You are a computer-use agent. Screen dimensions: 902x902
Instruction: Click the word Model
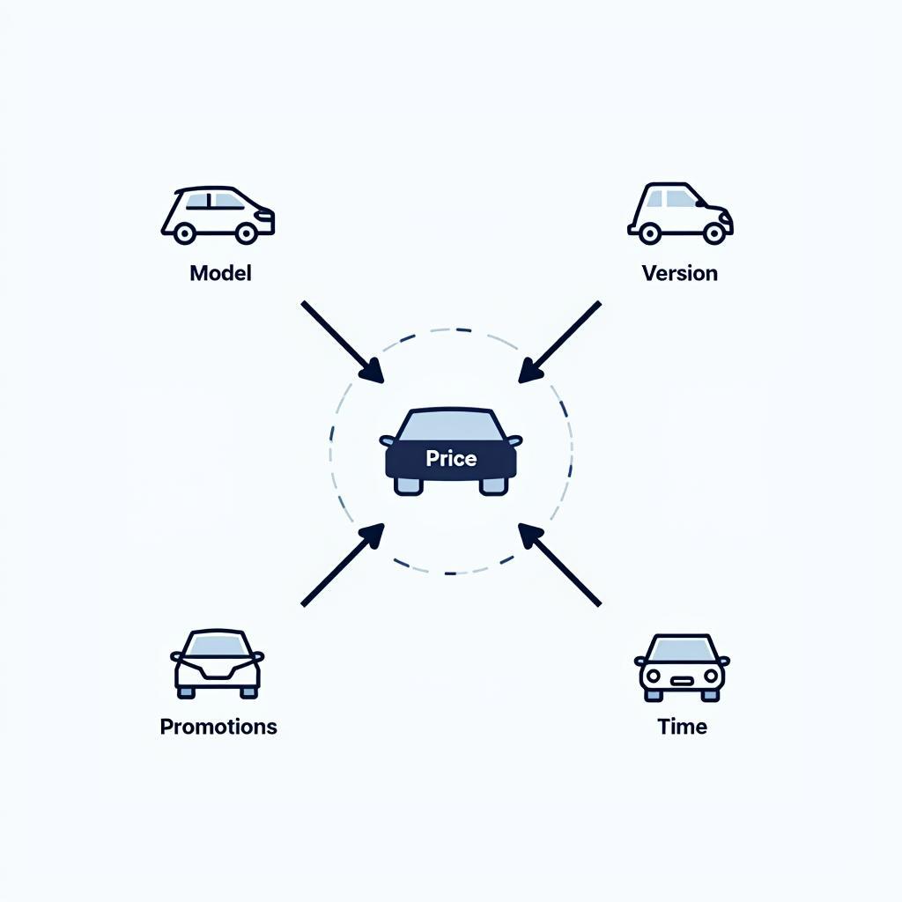coord(220,273)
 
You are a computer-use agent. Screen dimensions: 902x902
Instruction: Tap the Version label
coord(679,273)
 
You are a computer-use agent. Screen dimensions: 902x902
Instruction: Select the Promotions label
coord(218,727)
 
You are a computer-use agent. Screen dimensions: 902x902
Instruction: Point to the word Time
coord(682,727)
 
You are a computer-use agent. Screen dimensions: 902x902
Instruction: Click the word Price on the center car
coord(451,458)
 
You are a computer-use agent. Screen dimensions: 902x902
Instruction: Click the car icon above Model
coord(218,215)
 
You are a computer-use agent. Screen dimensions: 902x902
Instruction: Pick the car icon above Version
coord(679,213)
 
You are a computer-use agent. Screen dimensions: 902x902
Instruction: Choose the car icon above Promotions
coord(218,663)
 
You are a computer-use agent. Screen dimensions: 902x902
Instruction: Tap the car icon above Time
coord(682,666)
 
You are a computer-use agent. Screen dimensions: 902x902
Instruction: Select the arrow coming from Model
coord(343,342)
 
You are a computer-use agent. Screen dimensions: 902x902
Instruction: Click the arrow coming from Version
coord(559,342)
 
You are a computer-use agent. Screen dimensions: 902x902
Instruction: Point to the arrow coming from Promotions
coord(343,565)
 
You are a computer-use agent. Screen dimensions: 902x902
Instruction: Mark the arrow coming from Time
coord(559,565)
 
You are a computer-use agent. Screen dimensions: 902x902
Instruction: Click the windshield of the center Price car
coord(451,425)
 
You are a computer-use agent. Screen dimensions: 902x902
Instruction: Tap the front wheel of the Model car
coord(247,233)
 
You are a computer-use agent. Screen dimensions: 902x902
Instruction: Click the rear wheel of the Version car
coord(650,233)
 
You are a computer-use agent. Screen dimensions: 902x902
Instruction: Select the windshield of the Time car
coord(682,649)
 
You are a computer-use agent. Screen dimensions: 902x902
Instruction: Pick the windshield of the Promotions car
coord(218,646)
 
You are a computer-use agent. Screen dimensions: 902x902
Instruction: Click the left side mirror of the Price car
coord(387,440)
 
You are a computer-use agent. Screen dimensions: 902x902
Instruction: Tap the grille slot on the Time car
coord(682,680)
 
